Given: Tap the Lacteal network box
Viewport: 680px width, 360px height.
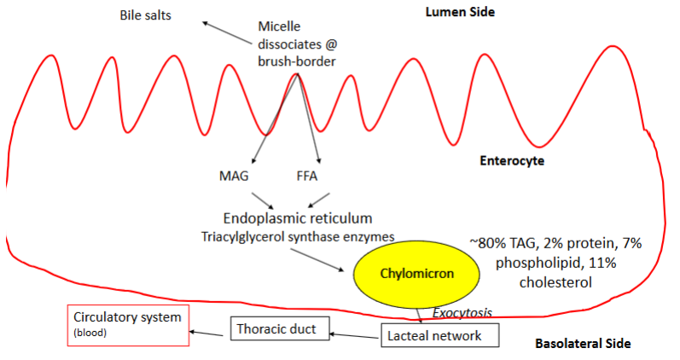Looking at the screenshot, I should (433, 335).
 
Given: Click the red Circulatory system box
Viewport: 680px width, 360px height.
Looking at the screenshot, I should (129, 324).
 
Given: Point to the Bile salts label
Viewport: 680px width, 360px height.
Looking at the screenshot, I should (146, 15).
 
